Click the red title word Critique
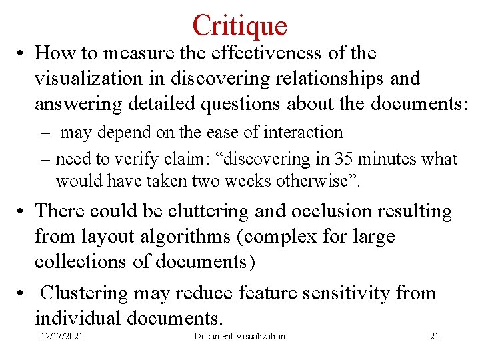240,25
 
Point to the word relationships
327,79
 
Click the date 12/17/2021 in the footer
61,336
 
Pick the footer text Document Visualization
239,336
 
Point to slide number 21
434,336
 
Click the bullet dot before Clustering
22,293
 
